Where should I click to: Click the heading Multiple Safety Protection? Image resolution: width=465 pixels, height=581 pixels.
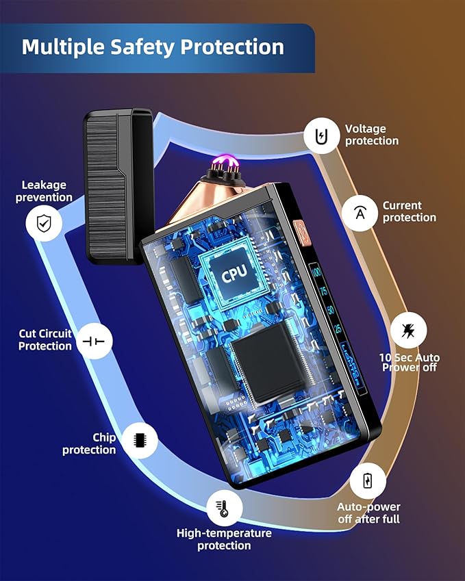[153, 47]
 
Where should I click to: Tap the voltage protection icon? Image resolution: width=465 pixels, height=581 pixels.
[321, 135]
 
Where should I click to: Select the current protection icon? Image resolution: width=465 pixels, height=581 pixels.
[359, 211]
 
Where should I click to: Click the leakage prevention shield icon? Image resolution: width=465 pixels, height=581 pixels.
[44, 222]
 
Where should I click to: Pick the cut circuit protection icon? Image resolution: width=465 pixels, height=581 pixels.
[94, 341]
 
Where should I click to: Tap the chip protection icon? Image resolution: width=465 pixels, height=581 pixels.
[140, 439]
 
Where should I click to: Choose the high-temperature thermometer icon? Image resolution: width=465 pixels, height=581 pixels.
[224, 507]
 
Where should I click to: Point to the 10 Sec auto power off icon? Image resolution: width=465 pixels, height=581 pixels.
[409, 331]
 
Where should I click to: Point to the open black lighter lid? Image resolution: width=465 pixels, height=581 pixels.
[115, 185]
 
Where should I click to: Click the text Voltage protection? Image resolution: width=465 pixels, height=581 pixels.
[371, 135]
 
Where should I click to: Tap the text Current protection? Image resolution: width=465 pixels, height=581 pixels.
[409, 211]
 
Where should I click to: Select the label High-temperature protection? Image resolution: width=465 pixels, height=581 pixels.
[224, 539]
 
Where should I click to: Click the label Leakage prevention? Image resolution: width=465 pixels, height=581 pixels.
[45, 191]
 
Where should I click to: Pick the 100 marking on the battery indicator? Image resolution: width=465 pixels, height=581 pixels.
[316, 273]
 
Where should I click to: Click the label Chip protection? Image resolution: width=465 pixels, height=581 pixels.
[89, 443]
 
